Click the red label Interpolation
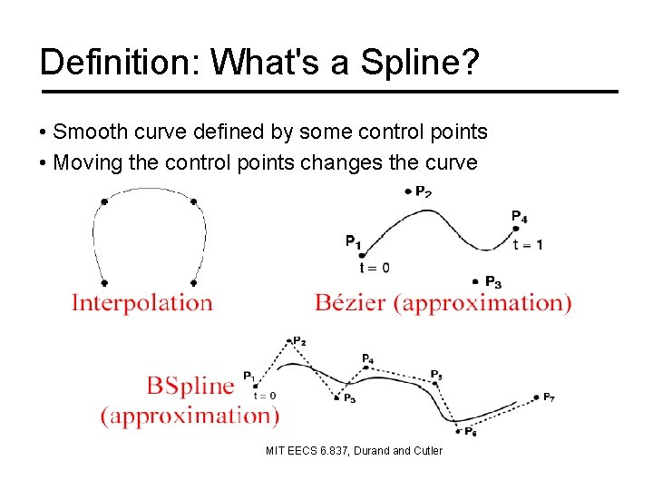tap(142, 302)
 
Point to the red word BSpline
tap(190, 386)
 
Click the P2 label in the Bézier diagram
tap(423, 191)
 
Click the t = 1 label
tap(528, 245)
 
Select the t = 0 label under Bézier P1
tap(374, 267)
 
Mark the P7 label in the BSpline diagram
tap(550, 397)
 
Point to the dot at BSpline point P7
tap(534, 397)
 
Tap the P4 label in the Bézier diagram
tap(519, 216)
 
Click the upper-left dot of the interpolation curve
tap(104, 201)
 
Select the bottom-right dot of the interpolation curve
tap(195, 282)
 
